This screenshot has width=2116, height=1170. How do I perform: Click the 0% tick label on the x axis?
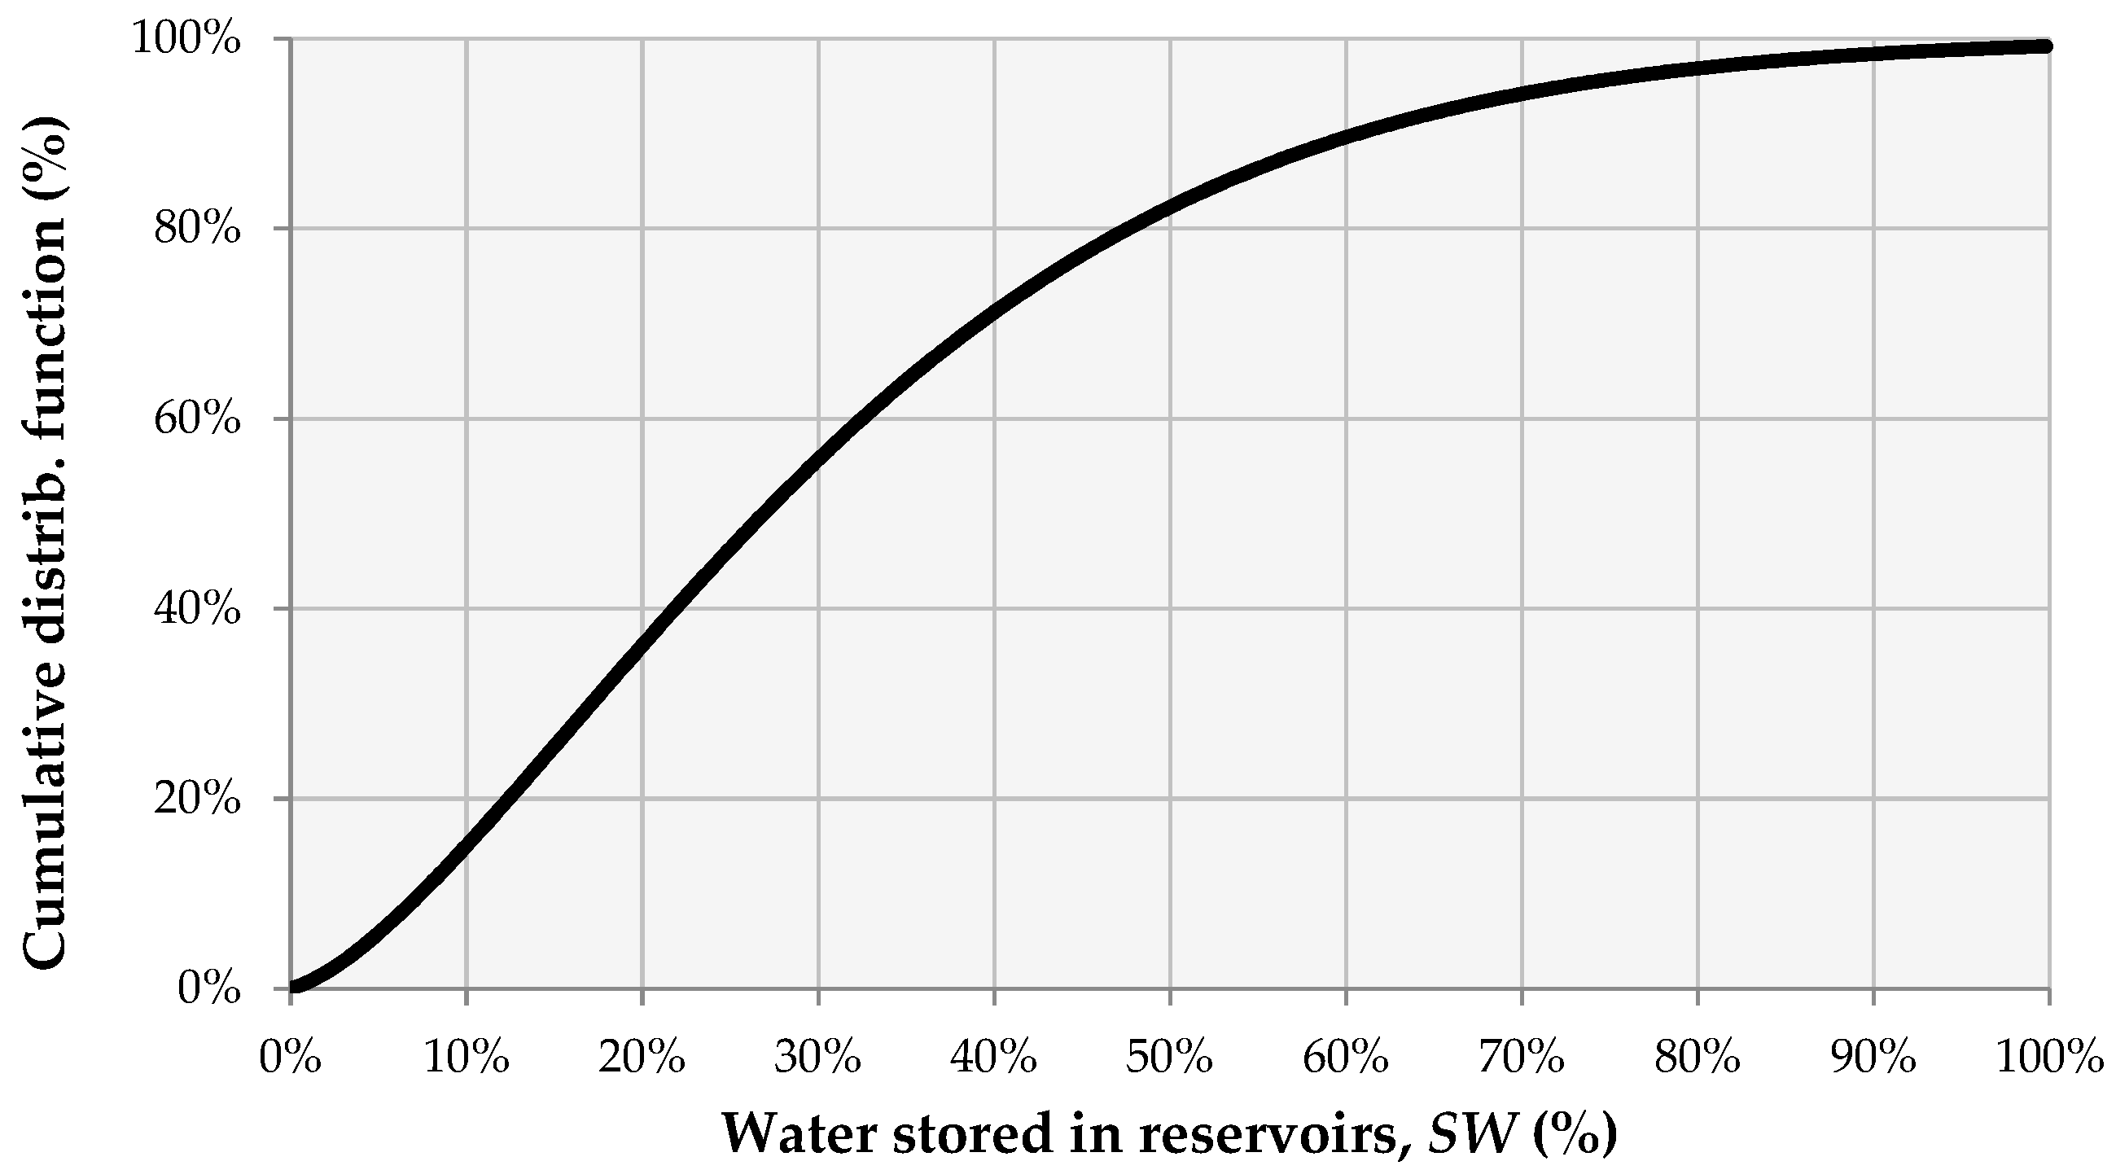pos(290,1058)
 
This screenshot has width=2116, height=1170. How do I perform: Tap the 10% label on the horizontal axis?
pos(466,1058)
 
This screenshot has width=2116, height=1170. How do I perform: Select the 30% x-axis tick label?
pos(817,1058)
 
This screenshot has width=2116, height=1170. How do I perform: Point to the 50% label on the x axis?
pos(1169,1058)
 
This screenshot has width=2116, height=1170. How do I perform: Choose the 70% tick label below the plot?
pos(1522,1058)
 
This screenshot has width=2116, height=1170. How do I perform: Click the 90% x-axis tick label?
pos(1873,1058)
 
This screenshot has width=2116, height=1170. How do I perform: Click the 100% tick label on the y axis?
pos(187,39)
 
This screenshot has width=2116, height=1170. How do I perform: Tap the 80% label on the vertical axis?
pos(197,230)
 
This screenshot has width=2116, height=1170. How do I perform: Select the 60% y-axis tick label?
pos(197,419)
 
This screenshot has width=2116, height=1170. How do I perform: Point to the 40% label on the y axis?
pos(197,609)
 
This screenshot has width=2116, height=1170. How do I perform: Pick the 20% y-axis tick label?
pos(197,799)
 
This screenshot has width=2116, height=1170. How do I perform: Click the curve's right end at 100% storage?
pos(2048,47)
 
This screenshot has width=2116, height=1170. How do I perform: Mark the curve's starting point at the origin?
pos(292,988)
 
